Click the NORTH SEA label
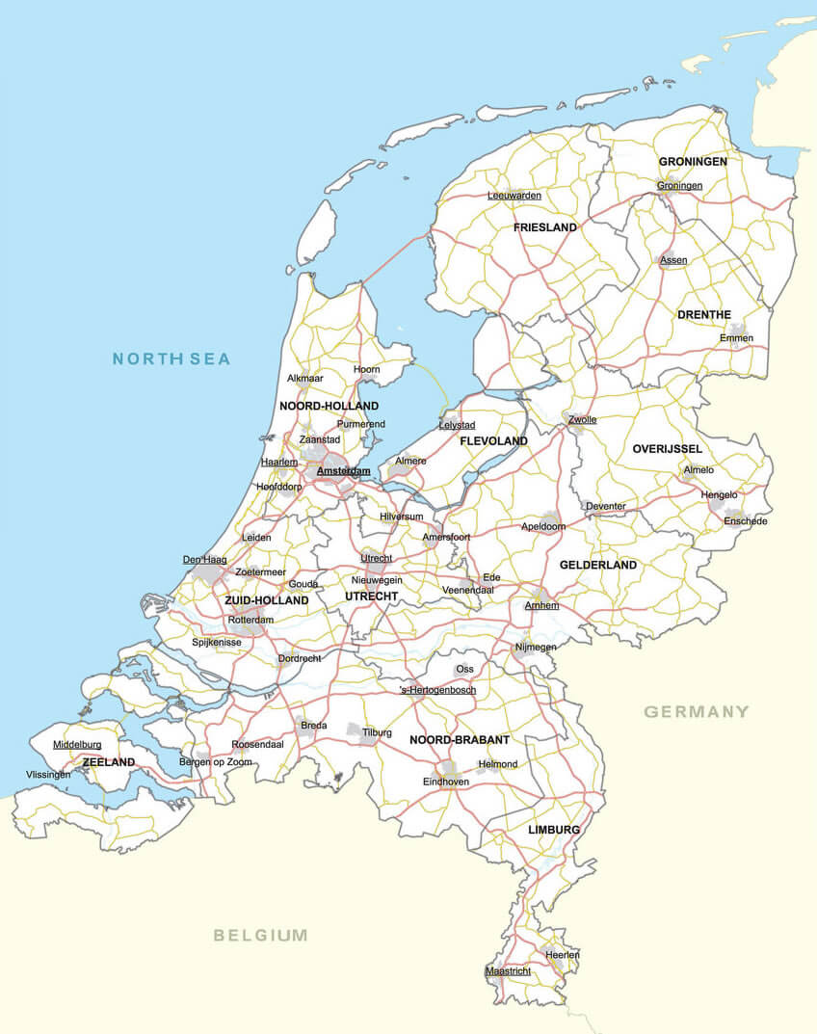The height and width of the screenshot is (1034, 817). pos(171,359)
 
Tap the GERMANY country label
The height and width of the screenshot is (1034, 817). pos(696,712)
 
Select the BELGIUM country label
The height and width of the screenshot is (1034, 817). pos(261,935)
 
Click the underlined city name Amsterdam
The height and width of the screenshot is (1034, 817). pos(343,471)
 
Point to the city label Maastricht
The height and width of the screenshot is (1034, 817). pos(508,971)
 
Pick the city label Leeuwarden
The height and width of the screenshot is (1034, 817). pos(514,196)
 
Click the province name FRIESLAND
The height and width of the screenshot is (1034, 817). pos(545,228)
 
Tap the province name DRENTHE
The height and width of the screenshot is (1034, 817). pos(704,315)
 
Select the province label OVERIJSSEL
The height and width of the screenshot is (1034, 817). pos(668,449)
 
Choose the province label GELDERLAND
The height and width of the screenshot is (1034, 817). pos(598,565)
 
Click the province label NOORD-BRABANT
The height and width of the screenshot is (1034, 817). pos(460,740)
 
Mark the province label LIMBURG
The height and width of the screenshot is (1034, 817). pos(554,830)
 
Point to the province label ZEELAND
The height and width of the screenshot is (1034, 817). pos(109,762)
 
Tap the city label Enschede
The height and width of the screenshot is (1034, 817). pos(746,521)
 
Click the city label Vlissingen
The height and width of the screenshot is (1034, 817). pos(48,775)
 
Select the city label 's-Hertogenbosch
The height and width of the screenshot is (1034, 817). pos(437,690)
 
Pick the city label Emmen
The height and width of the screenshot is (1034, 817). pos(737,338)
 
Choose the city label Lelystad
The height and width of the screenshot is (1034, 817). pos(457,425)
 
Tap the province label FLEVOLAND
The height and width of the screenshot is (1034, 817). pos(494,441)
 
